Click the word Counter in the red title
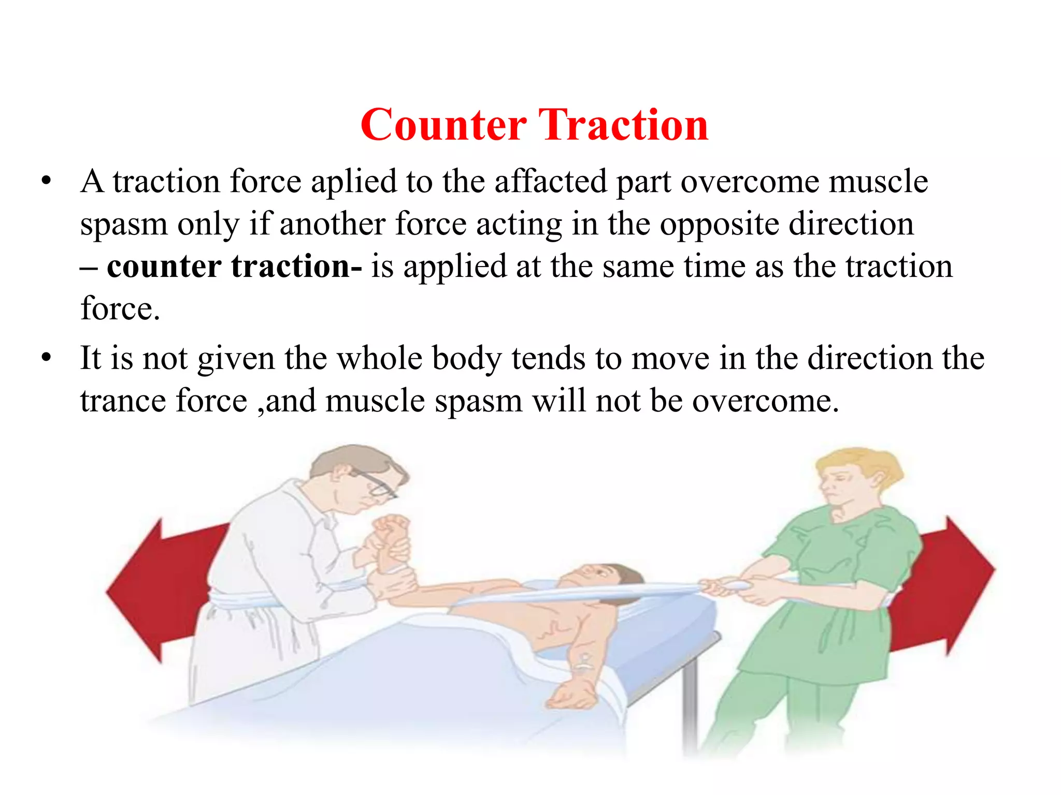click(x=443, y=126)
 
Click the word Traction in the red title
click(x=623, y=126)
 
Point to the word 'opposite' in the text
click(x=719, y=225)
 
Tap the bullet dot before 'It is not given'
click(x=47, y=358)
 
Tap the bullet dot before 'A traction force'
click(x=47, y=181)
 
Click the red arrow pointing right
click(x=948, y=585)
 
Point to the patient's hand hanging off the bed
click(x=570, y=694)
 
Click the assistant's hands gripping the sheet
click(x=736, y=587)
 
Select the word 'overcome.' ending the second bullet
click(x=765, y=402)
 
